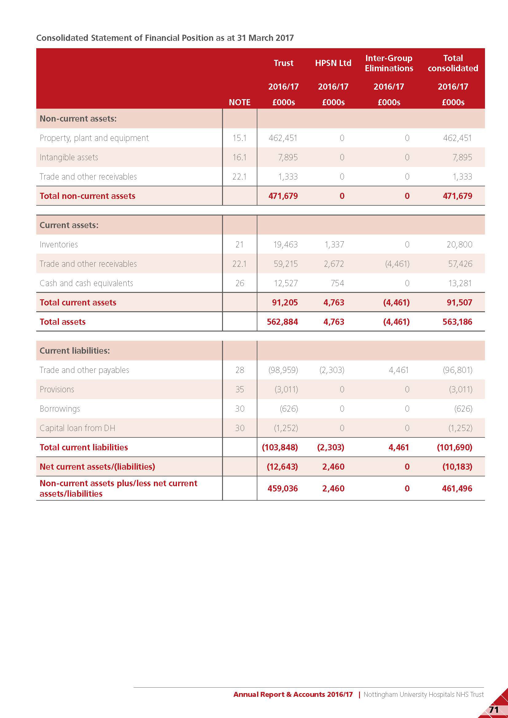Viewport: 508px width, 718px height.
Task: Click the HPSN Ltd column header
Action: (333, 63)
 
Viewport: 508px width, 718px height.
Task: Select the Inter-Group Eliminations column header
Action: (389, 63)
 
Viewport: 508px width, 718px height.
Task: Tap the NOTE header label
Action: (239, 102)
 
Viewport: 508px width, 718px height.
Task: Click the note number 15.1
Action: (239, 138)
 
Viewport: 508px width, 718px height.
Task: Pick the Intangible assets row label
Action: (69, 157)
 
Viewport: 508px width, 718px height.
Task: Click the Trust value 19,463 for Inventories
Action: (285, 245)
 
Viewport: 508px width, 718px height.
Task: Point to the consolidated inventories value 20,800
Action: (459, 245)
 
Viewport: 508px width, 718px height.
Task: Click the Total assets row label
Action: (63, 322)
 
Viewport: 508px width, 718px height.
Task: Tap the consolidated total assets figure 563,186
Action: (457, 322)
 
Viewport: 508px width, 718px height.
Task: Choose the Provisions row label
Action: (57, 389)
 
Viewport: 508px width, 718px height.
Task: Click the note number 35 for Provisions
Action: (240, 389)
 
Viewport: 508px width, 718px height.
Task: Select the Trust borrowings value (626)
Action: (289, 409)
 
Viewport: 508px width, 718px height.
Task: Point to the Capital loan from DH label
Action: (77, 428)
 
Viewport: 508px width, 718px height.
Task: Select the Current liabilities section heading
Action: (74, 351)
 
